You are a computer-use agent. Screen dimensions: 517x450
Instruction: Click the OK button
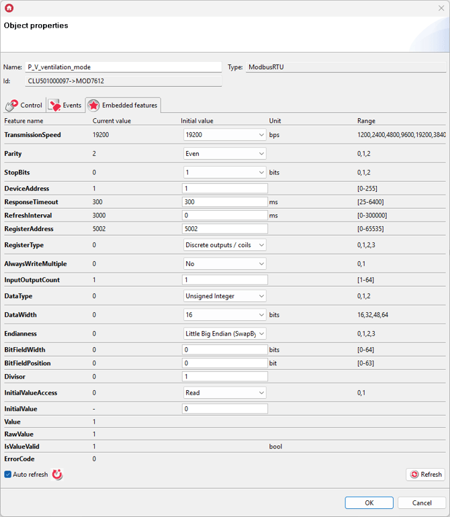tap(369, 503)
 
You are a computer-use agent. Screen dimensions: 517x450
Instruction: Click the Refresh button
tap(426, 475)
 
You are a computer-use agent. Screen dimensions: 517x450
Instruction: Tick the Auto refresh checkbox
tap(8, 475)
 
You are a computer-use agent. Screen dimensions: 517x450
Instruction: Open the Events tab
tap(64, 105)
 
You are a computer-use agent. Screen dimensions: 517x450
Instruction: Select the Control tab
tap(24, 105)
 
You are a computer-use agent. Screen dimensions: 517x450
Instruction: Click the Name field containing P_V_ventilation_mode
tap(123, 67)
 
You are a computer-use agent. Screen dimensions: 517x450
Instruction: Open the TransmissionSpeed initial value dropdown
tap(225, 135)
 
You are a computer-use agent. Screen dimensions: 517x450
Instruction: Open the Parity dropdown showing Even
tap(225, 154)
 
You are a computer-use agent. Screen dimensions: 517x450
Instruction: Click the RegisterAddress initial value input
tap(225, 229)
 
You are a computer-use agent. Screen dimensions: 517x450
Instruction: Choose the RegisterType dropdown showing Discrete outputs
tap(225, 245)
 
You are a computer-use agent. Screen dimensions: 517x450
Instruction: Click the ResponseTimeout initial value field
tap(225, 202)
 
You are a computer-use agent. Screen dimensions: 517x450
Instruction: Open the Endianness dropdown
tap(225, 334)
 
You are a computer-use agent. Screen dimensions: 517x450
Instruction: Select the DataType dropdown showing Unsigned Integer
tap(225, 296)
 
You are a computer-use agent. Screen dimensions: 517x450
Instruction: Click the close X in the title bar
tap(441, 8)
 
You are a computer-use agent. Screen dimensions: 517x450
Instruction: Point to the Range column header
tap(366, 121)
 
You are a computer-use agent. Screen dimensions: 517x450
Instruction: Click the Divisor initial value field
tap(225, 377)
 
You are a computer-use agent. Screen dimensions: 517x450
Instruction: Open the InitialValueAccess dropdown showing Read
tap(225, 393)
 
